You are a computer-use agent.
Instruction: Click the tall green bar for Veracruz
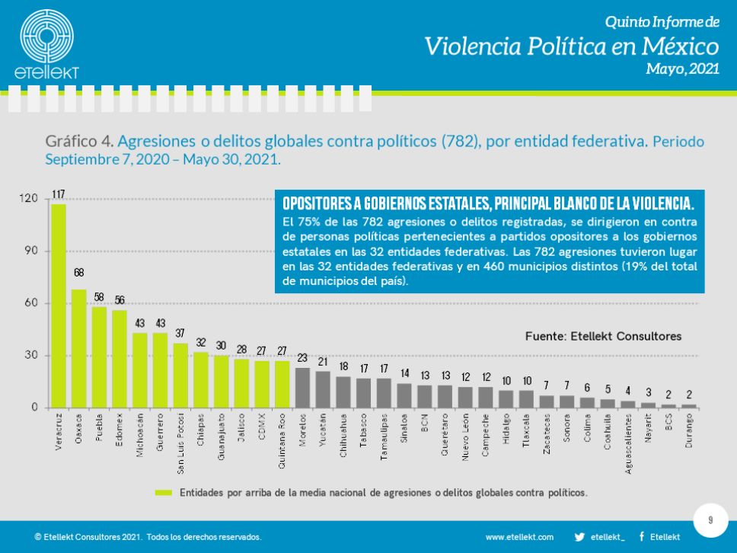[x=59, y=305]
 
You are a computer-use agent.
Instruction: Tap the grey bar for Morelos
[x=302, y=388]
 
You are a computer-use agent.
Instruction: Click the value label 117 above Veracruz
[x=59, y=195]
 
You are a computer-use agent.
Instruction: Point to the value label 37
[x=180, y=334]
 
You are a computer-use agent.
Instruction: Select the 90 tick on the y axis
[x=29, y=251]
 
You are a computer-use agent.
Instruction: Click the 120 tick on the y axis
[x=27, y=199]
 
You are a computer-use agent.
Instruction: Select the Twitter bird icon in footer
[x=579, y=537]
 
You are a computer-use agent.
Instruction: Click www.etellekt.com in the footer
[x=520, y=537]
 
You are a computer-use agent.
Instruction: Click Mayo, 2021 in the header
[x=681, y=69]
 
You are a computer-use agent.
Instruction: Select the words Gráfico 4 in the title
[x=79, y=142]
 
